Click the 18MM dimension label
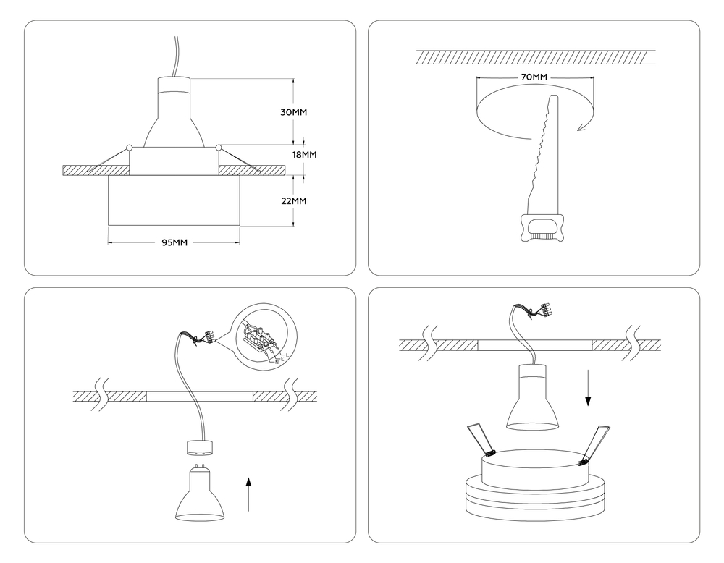tap(304, 155)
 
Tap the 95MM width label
tap(174, 242)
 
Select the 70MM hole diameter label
tap(534, 77)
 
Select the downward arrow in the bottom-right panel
tap(588, 390)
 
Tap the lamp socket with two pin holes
tap(201, 448)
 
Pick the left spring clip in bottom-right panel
tap(479, 439)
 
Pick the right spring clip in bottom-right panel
tap(594, 443)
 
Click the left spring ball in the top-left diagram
tap(129, 148)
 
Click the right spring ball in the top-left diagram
tap(219, 148)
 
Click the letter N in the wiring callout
tap(277, 362)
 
